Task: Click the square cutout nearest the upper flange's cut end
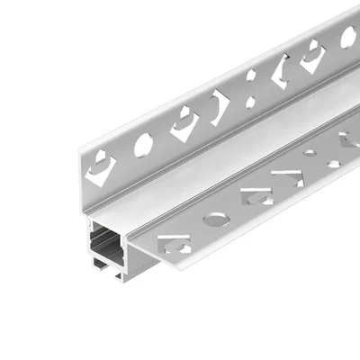101,167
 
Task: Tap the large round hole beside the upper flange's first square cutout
143,145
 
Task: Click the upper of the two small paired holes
252,76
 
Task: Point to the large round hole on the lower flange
216,219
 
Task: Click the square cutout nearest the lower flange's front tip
174,243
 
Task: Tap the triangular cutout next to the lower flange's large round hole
255,198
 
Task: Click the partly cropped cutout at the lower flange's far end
349,139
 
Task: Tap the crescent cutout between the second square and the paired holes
220,106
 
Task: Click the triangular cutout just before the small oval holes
288,175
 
